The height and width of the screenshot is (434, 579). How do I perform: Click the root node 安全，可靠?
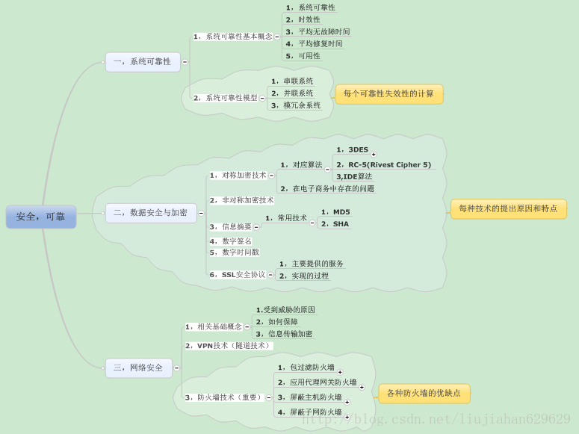point(41,217)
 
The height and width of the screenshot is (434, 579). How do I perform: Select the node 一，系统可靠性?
point(143,62)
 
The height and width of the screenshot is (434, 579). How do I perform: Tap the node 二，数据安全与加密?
point(151,213)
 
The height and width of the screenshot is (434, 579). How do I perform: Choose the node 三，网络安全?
point(138,368)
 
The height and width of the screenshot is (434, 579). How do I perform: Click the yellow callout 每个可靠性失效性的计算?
point(388,94)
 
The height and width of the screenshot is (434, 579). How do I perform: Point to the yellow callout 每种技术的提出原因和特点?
point(508,209)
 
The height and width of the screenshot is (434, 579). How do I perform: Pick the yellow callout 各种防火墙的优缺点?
point(424,394)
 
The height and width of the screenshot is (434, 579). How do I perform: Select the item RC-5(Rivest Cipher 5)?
point(384,165)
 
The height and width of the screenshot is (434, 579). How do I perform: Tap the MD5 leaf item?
point(335,212)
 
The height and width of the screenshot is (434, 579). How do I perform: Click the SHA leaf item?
point(335,224)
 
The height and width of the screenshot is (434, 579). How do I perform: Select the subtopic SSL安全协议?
point(237,275)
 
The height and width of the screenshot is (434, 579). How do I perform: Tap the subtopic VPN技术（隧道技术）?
point(229,346)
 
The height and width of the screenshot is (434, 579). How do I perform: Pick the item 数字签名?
point(231,241)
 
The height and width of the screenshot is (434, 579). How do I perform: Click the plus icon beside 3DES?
point(374,155)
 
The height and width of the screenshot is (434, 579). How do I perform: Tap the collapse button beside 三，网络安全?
point(176,368)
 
